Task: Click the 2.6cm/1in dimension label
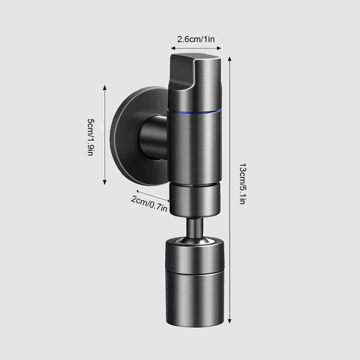coord(196,39)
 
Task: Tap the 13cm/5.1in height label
coord(242,184)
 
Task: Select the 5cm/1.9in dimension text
coord(91,137)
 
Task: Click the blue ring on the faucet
coord(195,112)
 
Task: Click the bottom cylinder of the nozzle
coord(195,299)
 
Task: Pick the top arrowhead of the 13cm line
coord(229,59)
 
